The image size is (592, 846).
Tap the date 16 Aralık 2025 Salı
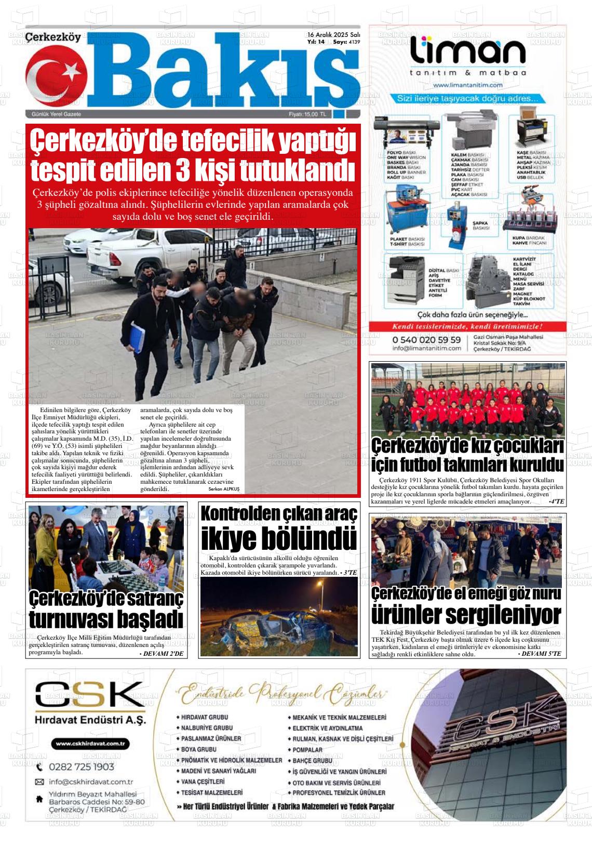(333, 34)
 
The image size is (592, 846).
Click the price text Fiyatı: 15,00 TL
(307, 114)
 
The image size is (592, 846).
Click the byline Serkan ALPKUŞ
(224, 489)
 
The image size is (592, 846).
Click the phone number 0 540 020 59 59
(426, 340)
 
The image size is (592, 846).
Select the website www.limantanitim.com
(467, 85)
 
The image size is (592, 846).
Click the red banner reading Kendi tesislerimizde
(467, 327)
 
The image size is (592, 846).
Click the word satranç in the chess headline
(150, 599)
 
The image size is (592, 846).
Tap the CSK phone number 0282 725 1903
(82, 767)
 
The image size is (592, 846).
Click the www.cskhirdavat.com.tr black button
(91, 744)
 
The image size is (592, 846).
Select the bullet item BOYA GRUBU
(198, 749)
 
